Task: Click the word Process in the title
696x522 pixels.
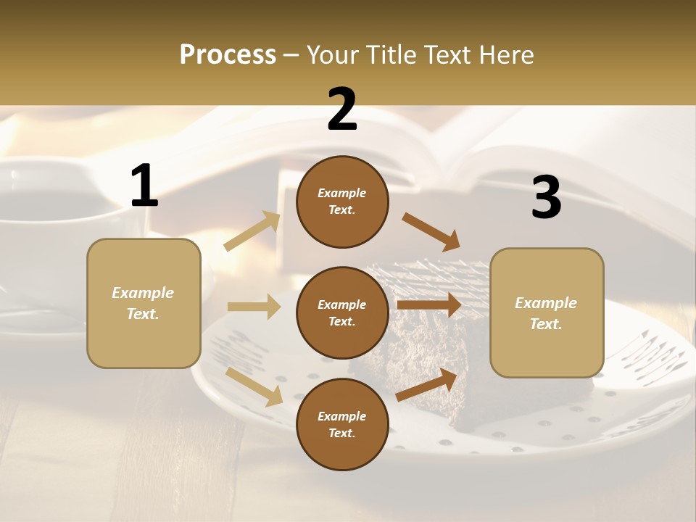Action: pos(228,54)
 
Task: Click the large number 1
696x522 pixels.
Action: pos(144,186)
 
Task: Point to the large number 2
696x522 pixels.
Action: pos(342,109)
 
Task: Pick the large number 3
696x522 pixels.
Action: pos(546,198)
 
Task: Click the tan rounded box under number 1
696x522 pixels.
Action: pos(144,303)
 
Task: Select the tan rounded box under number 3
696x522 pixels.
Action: pos(547,313)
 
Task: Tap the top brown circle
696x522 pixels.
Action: pos(342,202)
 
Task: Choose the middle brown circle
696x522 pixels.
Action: pos(342,312)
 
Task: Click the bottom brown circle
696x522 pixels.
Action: pos(342,424)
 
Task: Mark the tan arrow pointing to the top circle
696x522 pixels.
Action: pos(252,231)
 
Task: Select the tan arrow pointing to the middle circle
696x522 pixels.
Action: pos(254,307)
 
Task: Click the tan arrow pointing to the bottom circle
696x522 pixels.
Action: pos(254,386)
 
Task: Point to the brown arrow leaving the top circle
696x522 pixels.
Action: pos(431,232)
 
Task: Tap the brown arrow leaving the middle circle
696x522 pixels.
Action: pos(428,305)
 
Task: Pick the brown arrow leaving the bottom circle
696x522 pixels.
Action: pos(426,385)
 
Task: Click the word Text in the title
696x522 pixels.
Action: pos(444,54)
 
